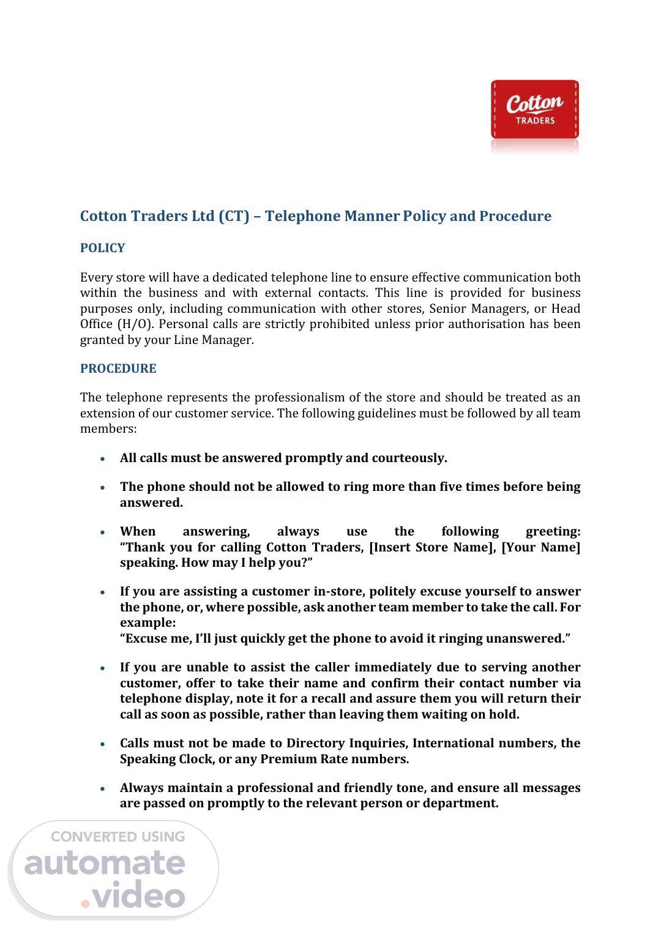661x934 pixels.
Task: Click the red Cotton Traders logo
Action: pos(534,110)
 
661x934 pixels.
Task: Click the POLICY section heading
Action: pos(102,248)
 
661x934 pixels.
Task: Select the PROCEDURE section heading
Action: pos(118,368)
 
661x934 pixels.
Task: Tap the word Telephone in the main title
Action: pos(302,216)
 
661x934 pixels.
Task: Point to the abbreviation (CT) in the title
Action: pos(234,216)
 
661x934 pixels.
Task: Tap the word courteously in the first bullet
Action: pos(409,458)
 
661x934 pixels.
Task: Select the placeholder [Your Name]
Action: pos(540,547)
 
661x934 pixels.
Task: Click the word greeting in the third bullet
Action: pos(552,531)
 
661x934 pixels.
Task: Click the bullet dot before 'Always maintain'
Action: pos(103,789)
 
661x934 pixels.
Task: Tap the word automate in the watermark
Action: pos(105,864)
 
